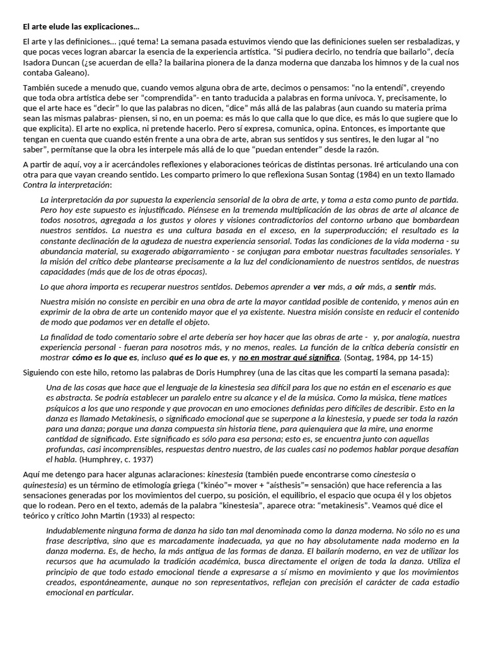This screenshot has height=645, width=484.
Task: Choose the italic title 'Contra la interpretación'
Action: click(66, 185)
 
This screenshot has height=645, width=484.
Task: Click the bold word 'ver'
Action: click(320, 287)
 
